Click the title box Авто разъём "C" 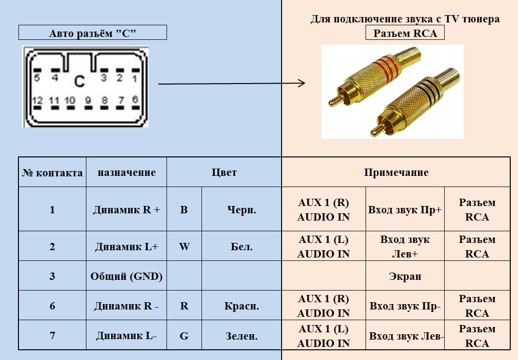point(92,33)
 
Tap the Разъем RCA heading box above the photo point(405,33)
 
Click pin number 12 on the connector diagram point(37,101)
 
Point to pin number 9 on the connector point(88,101)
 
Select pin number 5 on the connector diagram point(37,77)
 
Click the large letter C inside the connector point(79,82)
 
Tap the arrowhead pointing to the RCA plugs point(301,83)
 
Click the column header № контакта point(52,172)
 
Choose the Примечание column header point(396,172)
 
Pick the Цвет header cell point(224,172)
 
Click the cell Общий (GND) point(126,276)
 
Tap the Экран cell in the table point(405,276)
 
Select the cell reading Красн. point(242,306)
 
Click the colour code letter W point(184,247)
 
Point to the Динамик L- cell point(126,336)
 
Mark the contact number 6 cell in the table point(52,306)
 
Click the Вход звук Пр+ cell point(405,210)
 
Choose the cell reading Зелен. point(242,336)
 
